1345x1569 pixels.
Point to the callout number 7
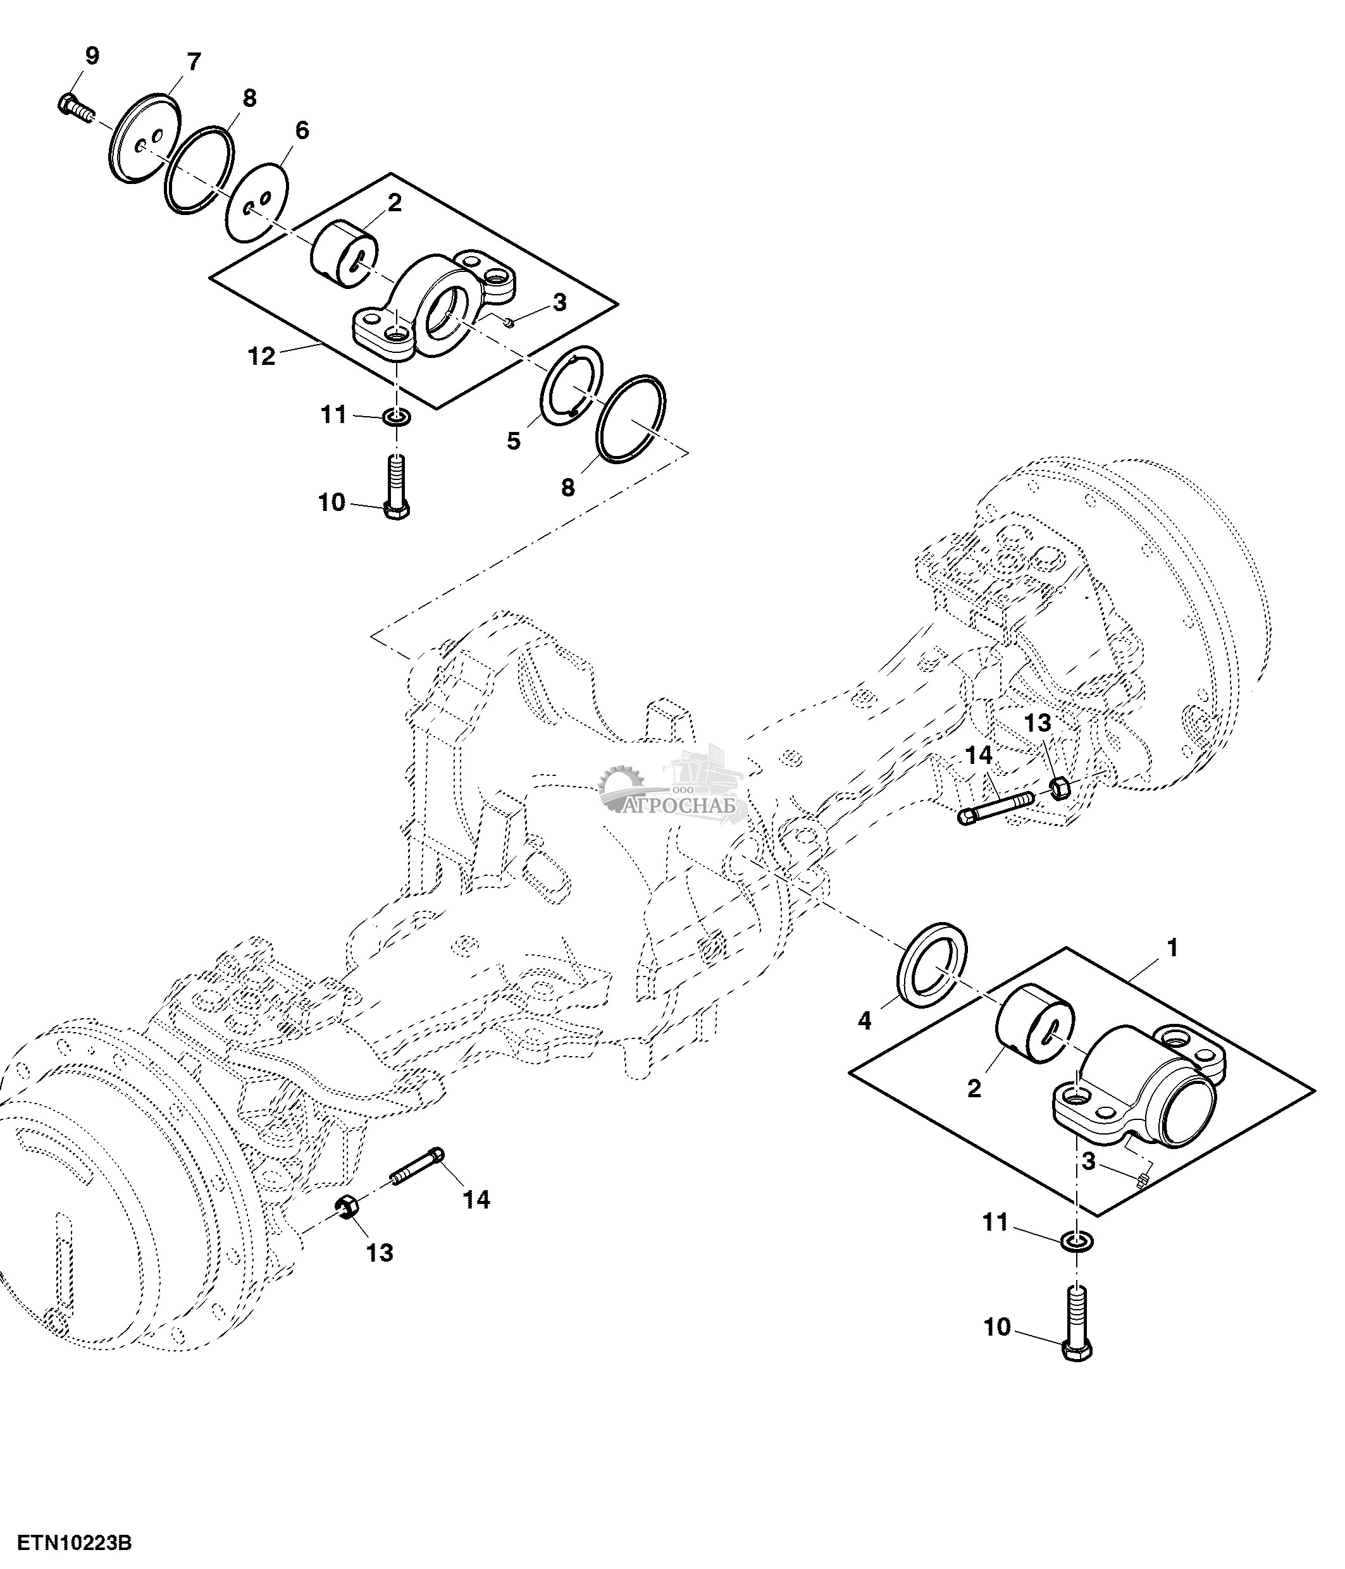click(x=193, y=62)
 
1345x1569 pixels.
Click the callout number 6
click(x=301, y=130)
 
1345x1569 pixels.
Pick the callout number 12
click(x=261, y=356)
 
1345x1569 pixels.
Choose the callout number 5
click(x=514, y=441)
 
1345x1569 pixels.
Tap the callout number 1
click(x=1172, y=947)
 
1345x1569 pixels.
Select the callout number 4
click(x=864, y=1021)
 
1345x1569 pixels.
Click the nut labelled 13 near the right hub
click(x=1060, y=788)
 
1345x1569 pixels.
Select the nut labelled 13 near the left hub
click(x=347, y=1207)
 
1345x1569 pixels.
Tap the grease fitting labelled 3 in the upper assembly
click(x=510, y=323)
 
